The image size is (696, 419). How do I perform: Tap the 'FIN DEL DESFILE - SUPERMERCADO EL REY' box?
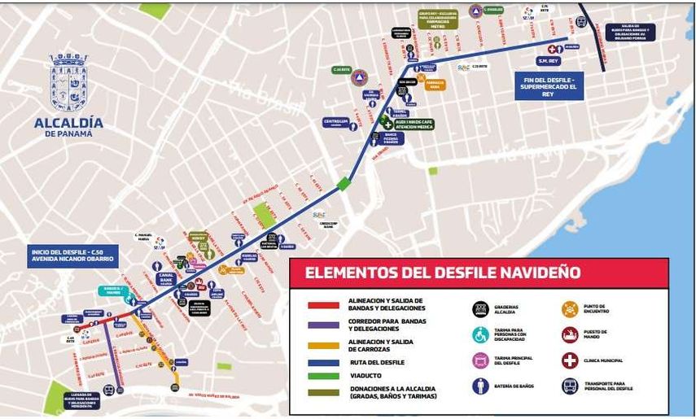(549, 85)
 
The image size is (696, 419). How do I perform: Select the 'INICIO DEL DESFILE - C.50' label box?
(72, 256)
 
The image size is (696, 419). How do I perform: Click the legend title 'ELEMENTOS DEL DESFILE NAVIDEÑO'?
(443, 273)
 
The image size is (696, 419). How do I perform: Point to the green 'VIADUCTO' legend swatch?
(323, 377)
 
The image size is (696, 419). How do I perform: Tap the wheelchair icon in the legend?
(480, 334)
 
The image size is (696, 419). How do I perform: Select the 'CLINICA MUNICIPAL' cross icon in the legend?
(570, 360)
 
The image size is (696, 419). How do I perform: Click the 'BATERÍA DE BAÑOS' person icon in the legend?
(480, 386)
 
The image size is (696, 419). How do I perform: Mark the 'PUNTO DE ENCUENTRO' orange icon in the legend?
(570, 309)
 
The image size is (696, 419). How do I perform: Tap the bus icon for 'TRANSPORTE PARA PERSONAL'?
(570, 386)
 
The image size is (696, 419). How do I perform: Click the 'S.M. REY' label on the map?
(549, 61)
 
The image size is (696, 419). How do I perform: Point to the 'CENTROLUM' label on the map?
(335, 122)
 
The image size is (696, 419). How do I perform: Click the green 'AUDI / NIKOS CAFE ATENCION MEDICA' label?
(414, 124)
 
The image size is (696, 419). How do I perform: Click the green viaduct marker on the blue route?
(344, 184)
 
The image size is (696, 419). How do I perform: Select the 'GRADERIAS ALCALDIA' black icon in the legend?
(480, 309)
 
